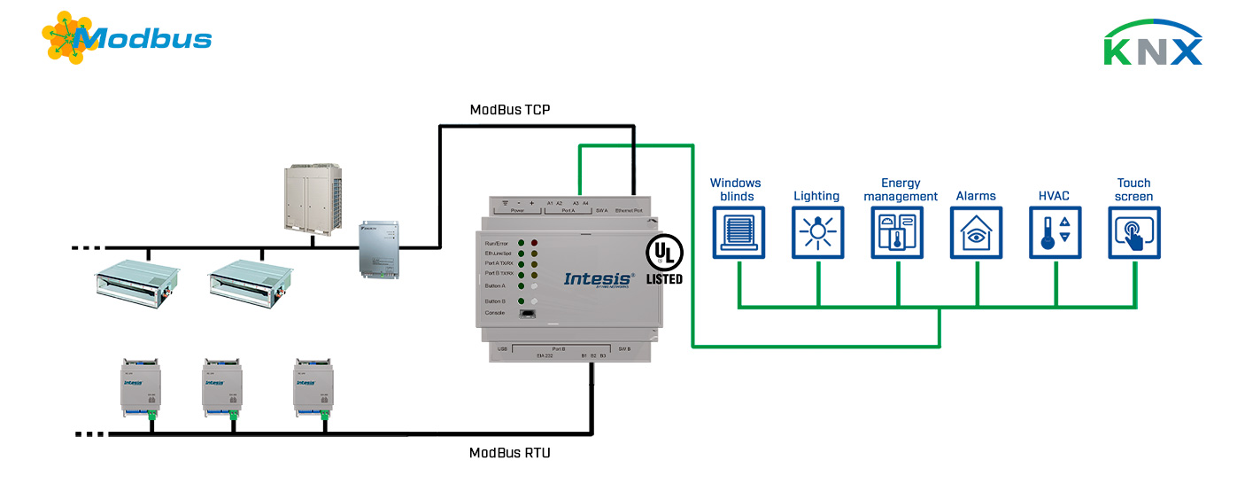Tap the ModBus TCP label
pyautogui.click(x=511, y=110)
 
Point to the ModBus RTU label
pyautogui.click(x=510, y=453)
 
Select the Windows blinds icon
pyautogui.click(x=738, y=233)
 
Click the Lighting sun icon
pyautogui.click(x=817, y=233)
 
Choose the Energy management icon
pyautogui.click(x=897, y=233)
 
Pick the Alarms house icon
pyautogui.click(x=976, y=233)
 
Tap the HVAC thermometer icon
pyautogui.click(x=1056, y=233)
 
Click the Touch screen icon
pyautogui.click(x=1134, y=233)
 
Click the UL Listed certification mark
pyautogui.click(x=663, y=259)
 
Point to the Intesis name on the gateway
pyautogui.click(x=599, y=278)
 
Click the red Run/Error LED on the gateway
pyautogui.click(x=534, y=243)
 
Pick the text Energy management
pyautogui.click(x=901, y=190)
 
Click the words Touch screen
pyautogui.click(x=1134, y=190)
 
